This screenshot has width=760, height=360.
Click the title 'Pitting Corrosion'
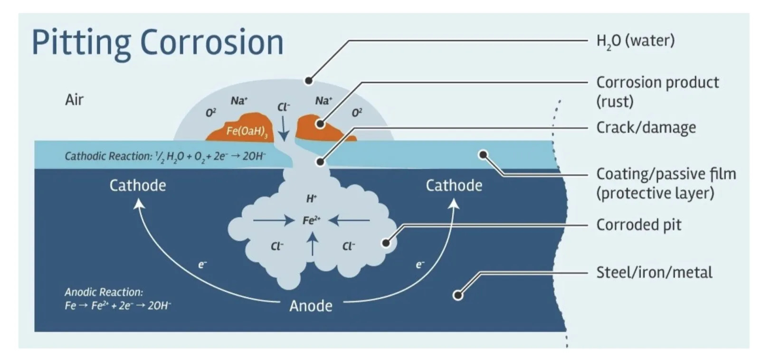pyautogui.click(x=157, y=42)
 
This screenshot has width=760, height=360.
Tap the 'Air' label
pyautogui.click(x=74, y=100)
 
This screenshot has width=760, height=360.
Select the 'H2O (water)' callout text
pyautogui.click(x=635, y=41)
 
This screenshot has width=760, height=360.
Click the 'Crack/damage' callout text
pyautogui.click(x=646, y=127)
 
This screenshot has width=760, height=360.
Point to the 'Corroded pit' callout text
pyautogui.click(x=638, y=225)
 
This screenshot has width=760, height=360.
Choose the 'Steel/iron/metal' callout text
pyautogui.click(x=654, y=273)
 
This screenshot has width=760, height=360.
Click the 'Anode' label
pyautogui.click(x=311, y=305)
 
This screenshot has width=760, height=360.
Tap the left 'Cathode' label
pyautogui.click(x=138, y=185)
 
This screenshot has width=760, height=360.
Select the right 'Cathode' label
pyautogui.click(x=454, y=185)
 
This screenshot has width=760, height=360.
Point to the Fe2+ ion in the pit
pyautogui.click(x=311, y=220)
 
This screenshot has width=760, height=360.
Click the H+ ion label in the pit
pyautogui.click(x=311, y=199)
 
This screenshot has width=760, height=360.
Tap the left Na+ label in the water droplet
pyautogui.click(x=239, y=101)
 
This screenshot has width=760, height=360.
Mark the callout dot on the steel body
pyautogui.click(x=458, y=295)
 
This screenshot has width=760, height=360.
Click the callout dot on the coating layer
pyautogui.click(x=483, y=154)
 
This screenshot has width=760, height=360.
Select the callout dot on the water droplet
pyautogui.click(x=309, y=81)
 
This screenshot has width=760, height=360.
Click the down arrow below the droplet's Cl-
pyautogui.click(x=283, y=129)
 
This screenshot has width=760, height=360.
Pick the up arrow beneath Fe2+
pyautogui.click(x=312, y=244)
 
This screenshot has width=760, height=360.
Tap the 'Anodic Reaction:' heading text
pyautogui.click(x=104, y=292)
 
